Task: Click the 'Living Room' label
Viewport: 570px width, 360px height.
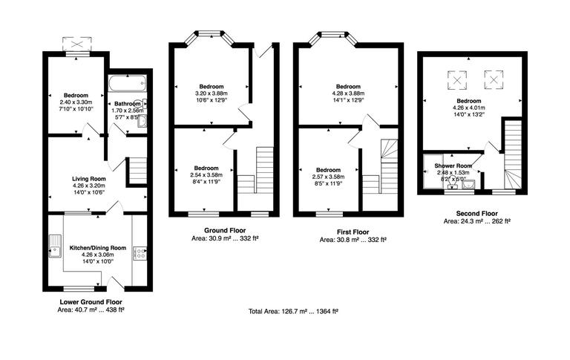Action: pyautogui.click(x=88, y=179)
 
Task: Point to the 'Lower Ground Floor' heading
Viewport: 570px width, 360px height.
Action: pyautogui.click(x=91, y=302)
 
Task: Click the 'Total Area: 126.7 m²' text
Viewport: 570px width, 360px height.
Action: pyautogui.click(x=293, y=311)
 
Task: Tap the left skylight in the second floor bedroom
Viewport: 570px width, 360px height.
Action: pyautogui.click(x=458, y=78)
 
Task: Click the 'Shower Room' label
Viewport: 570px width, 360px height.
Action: pyautogui.click(x=453, y=166)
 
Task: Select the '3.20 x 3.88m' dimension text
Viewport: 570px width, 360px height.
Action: pyautogui.click(x=204, y=93)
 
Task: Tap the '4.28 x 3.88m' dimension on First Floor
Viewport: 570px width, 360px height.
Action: pyautogui.click(x=348, y=93)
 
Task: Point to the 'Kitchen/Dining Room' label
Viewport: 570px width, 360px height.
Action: pyautogui.click(x=98, y=247)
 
